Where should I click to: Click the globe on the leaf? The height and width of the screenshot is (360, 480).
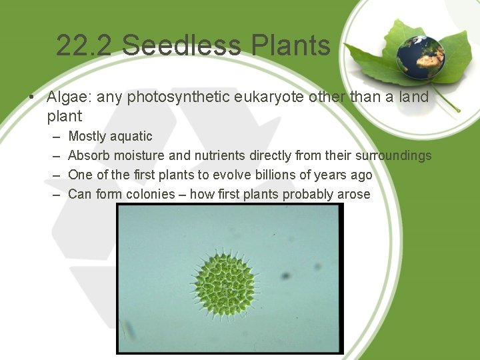[420, 57]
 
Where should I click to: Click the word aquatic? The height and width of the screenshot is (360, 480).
[131, 136]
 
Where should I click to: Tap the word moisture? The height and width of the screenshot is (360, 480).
[139, 155]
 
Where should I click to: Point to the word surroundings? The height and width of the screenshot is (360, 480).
[393, 155]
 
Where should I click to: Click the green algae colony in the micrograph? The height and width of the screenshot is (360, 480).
[225, 283]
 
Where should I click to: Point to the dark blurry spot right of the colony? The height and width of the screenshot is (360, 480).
[286, 275]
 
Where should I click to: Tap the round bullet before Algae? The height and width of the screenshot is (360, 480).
[32, 98]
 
